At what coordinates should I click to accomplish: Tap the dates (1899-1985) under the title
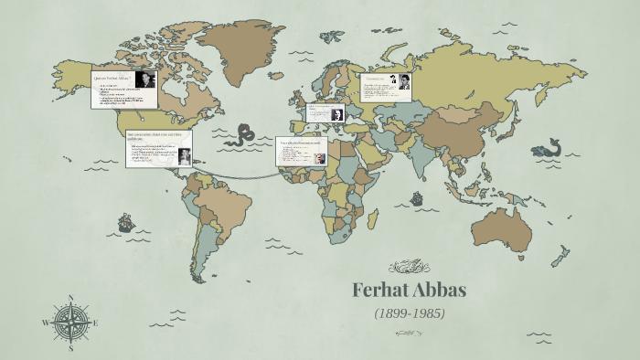click(410, 312)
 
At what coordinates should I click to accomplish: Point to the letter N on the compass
click(70, 297)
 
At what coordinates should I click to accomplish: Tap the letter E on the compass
click(95, 323)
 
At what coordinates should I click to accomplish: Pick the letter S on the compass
click(70, 348)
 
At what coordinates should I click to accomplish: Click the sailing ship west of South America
click(125, 222)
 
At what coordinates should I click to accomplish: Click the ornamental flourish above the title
click(409, 268)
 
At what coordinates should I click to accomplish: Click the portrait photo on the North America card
click(144, 80)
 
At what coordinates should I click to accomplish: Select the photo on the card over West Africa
click(320, 158)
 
